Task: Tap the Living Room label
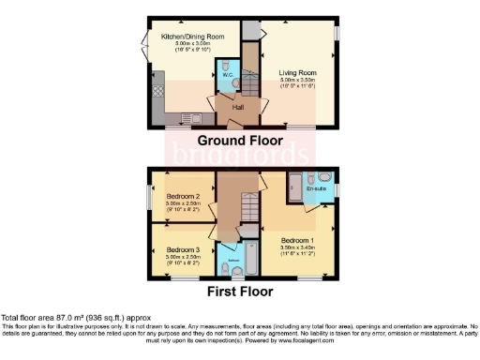coord(294,71)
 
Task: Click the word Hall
coord(238,108)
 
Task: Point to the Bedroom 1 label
coord(298,238)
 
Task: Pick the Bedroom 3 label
coord(177,249)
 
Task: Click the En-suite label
coord(318,188)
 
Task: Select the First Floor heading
coord(240,292)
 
